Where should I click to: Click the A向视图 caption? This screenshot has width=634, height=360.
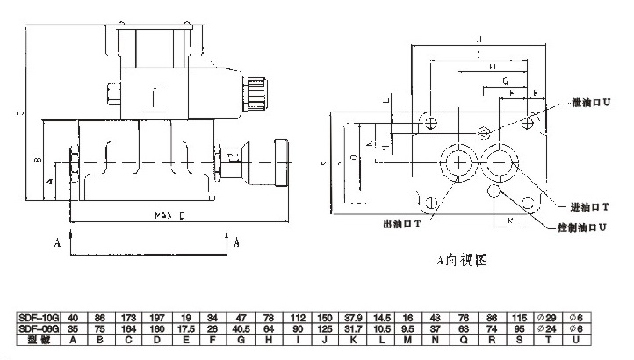[x=461, y=261]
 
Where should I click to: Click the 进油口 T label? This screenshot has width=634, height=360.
[x=588, y=206]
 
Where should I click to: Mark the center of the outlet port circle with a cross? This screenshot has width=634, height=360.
[x=457, y=163]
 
